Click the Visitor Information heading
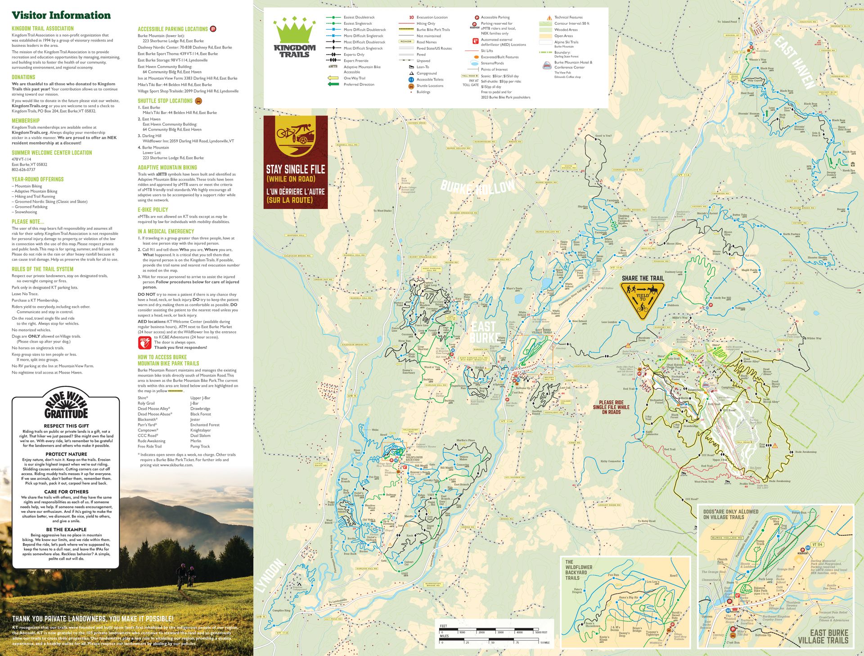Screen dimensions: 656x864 pos(61,15)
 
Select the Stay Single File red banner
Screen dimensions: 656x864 pos(295,162)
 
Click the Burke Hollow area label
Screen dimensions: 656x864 pos(478,186)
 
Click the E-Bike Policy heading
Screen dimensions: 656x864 pos(153,210)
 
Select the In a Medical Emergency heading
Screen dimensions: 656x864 pos(166,231)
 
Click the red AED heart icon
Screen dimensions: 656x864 pos(144,343)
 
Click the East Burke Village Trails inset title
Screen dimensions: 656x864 pos(823,637)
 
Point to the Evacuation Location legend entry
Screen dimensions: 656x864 pos(431,18)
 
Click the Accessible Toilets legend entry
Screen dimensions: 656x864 pos(429,80)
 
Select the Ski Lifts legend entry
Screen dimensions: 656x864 pos(486,51)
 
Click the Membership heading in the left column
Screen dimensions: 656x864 pos(26,121)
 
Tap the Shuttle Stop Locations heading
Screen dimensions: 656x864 pos(165,101)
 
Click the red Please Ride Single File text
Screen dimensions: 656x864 pos(611,407)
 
